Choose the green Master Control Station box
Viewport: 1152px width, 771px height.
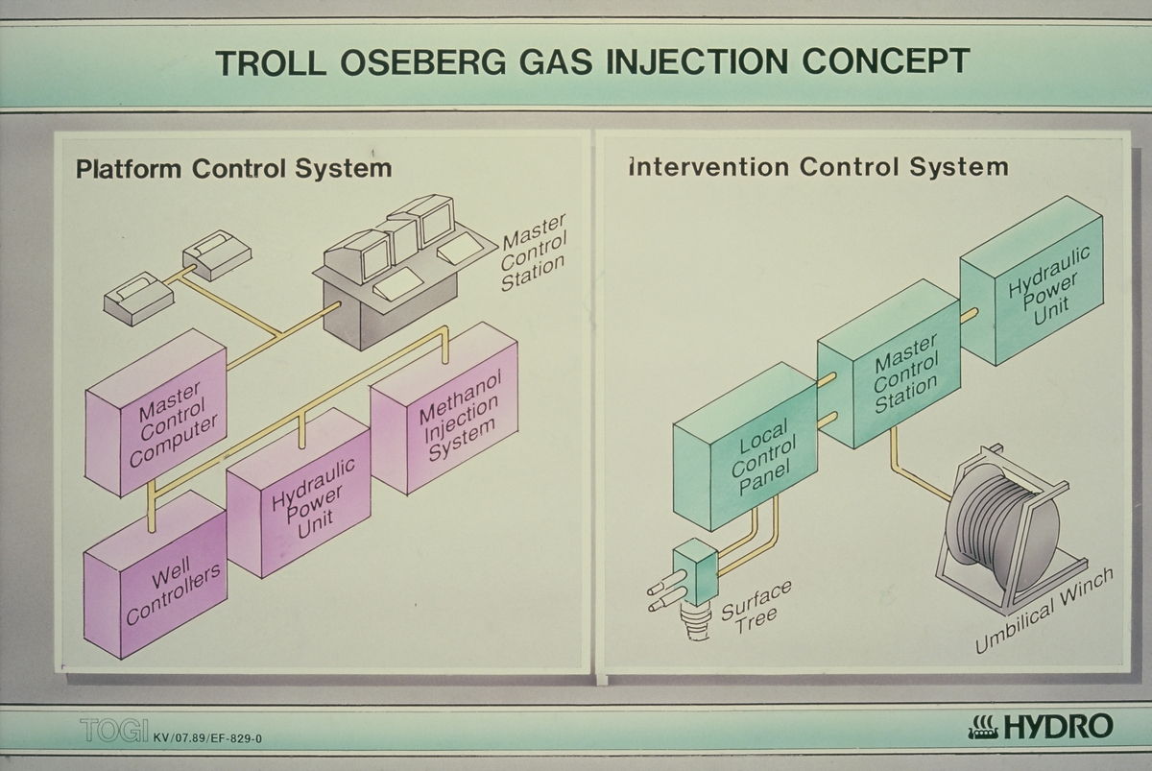(x=888, y=365)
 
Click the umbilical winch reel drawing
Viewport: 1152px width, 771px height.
(x=1003, y=528)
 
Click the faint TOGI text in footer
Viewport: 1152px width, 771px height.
(x=113, y=732)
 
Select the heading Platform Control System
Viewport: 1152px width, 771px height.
(x=233, y=169)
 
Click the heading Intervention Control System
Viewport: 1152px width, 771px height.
(x=817, y=167)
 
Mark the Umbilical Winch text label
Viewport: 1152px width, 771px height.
(x=1044, y=611)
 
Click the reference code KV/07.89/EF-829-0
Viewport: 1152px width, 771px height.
(x=207, y=737)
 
